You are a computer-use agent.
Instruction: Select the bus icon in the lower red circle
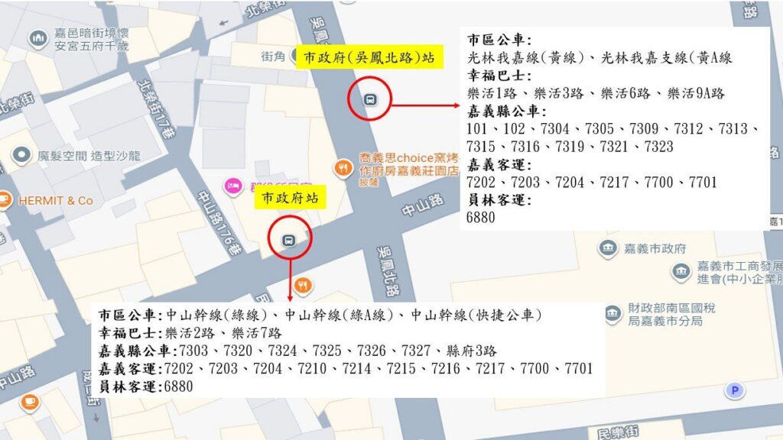pos(288,239)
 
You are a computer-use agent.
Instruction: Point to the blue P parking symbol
pos(735,391)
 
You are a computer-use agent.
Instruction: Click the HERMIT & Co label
pos(55,200)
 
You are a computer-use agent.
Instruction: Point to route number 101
pos(478,128)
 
